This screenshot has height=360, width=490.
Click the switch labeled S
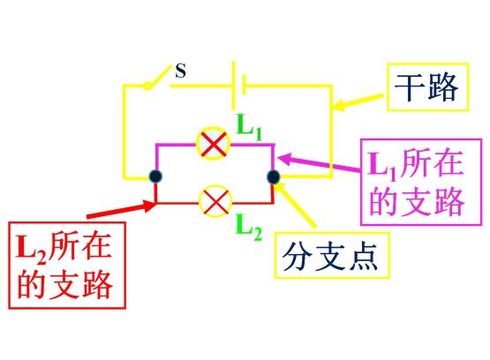click(x=158, y=78)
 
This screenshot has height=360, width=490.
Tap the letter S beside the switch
click(x=181, y=71)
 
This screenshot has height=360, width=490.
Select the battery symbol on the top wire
click(x=239, y=85)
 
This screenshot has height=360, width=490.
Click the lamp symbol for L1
click(x=213, y=144)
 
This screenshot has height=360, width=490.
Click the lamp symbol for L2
click(x=215, y=201)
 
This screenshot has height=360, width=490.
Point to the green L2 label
click(x=249, y=229)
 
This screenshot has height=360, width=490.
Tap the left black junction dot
click(x=155, y=176)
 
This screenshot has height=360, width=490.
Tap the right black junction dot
click(x=274, y=177)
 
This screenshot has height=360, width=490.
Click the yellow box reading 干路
click(x=428, y=87)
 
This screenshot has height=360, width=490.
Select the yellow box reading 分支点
click(x=333, y=255)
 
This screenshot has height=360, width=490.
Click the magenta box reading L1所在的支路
click(x=421, y=182)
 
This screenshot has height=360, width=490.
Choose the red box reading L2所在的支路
click(x=67, y=266)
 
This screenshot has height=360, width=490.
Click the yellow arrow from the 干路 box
click(x=358, y=101)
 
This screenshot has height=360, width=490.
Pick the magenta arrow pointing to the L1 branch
click(x=319, y=162)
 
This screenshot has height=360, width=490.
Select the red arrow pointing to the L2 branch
click(x=122, y=209)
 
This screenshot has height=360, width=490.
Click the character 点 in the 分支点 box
click(x=365, y=257)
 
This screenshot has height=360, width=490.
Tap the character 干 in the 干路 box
click(x=409, y=87)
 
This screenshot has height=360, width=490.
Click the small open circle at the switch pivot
click(x=147, y=86)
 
